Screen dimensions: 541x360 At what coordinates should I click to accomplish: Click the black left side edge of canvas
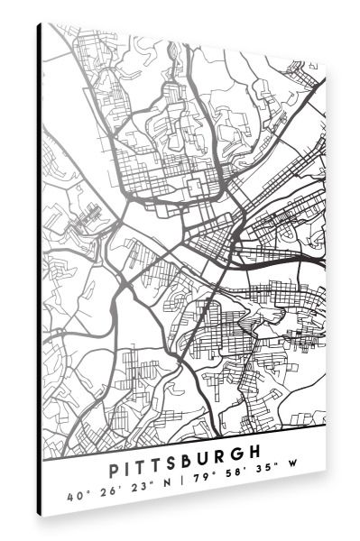click(x=40, y=270)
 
